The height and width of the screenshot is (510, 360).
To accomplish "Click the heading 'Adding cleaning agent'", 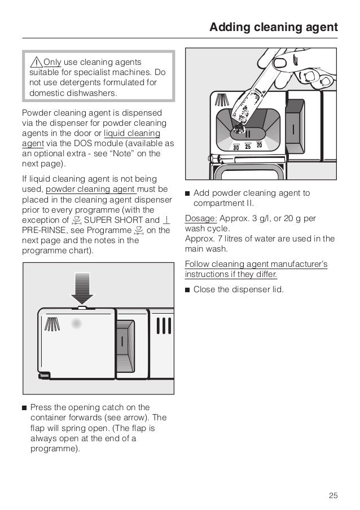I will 273,27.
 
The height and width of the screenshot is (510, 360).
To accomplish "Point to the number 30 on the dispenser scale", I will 236,147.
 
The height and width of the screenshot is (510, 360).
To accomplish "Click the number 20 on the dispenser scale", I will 260,146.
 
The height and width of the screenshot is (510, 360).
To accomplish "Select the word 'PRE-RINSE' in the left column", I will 41,230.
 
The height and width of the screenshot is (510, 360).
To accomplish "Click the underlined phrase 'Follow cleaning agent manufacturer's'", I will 256,264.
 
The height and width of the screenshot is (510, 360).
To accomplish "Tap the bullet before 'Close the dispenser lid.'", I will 187,290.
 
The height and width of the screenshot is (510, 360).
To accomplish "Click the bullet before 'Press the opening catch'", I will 24,408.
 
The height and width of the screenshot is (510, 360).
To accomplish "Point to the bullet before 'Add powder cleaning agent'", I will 187,194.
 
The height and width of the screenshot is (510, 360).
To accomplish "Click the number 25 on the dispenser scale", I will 248,147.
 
